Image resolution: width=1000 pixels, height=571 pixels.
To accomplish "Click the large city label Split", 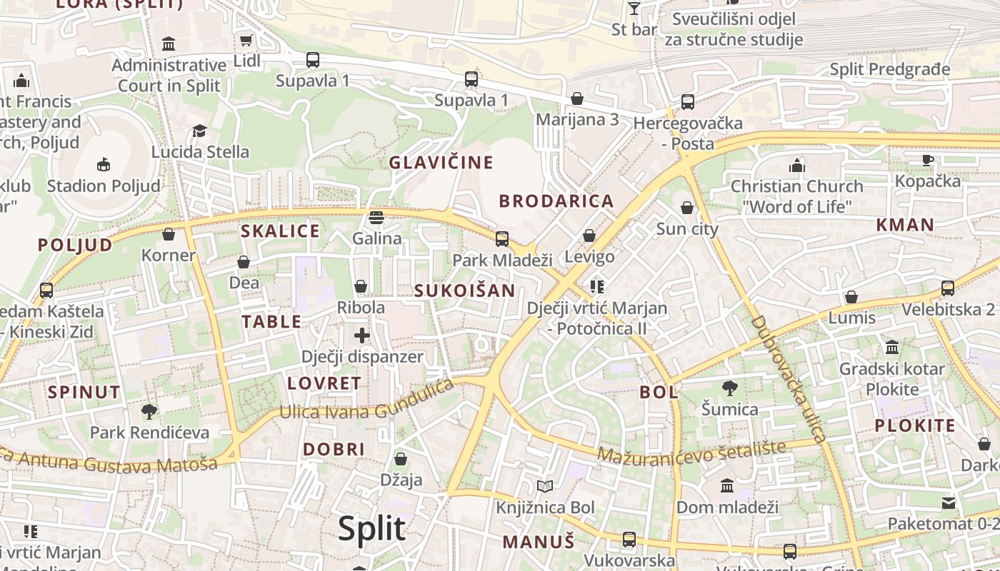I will pos(371,529).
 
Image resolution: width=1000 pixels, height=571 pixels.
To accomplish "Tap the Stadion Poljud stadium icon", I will pos(104,164).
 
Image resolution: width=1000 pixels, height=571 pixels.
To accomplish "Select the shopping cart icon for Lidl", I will pos(246,41).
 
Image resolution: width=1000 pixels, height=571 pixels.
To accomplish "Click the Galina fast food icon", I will pos(376,217).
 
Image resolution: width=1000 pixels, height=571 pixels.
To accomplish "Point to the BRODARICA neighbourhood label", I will pos(556,201).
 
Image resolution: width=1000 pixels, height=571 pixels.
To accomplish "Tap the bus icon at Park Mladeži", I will pos(502,238).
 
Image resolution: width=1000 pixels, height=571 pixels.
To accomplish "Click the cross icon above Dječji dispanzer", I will pos(362,335).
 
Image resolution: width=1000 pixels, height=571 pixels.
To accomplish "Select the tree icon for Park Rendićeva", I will pos(149,411).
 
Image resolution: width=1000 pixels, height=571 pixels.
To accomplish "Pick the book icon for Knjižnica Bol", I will pos(545,487).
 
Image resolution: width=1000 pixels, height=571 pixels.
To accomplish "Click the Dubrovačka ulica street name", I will pos(789,378).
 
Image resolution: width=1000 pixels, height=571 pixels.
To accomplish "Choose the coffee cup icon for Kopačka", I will pos(927,160).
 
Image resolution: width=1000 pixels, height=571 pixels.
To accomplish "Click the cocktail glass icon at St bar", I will pos(634,9).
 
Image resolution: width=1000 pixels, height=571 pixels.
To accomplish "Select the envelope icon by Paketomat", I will pos(948,503).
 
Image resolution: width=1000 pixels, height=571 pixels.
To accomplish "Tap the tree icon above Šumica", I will pos(729,388).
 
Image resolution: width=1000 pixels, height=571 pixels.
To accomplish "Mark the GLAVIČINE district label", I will pos(441,163).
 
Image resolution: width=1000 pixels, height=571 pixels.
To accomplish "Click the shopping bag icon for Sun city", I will pos(686,208).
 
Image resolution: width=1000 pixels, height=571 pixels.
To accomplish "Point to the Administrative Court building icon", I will pos(169,44).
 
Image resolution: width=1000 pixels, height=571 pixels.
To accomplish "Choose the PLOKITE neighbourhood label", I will pos(914,426).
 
